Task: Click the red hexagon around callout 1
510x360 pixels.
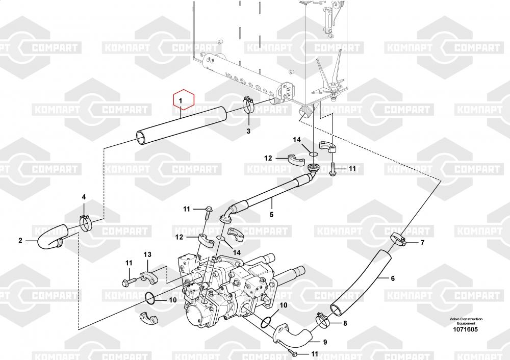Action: tap(184, 90)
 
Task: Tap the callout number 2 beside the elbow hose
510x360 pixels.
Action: tap(20, 241)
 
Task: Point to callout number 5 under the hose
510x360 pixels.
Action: tap(272, 215)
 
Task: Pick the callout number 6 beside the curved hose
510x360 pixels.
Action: tap(393, 278)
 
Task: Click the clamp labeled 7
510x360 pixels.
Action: tap(398, 239)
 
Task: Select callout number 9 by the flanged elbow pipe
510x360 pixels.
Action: tap(325, 342)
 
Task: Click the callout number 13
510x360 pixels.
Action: tap(147, 254)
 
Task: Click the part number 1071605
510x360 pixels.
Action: tap(466, 329)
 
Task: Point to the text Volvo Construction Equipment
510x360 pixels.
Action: tap(466, 321)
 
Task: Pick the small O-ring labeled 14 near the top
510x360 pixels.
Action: tap(313, 154)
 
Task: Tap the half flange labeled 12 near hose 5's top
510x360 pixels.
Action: tap(296, 160)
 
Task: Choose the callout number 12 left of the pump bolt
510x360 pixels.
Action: tap(179, 237)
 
